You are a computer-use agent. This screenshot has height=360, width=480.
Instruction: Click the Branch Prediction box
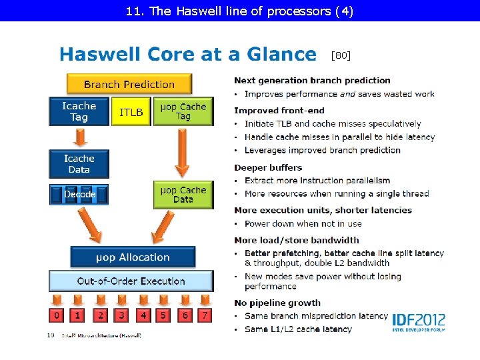[129, 84]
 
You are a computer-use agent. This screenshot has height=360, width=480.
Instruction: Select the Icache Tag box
[79, 111]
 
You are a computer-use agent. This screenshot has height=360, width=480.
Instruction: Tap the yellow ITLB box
[131, 112]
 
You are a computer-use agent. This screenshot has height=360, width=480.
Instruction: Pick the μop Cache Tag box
[183, 111]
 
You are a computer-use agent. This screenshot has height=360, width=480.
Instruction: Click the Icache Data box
[79, 164]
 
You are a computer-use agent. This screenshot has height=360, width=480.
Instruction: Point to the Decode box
[79, 195]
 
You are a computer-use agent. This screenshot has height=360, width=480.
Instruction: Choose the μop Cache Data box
[183, 195]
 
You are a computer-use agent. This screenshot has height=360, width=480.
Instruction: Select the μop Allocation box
[133, 257]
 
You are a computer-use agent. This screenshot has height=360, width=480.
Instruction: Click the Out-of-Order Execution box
[131, 281]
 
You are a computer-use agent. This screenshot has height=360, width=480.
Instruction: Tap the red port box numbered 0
[57, 314]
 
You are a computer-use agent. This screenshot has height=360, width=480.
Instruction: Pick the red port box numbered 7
[205, 314]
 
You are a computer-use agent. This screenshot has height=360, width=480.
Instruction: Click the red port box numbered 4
[142, 314]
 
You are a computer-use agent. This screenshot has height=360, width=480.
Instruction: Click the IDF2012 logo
[418, 323]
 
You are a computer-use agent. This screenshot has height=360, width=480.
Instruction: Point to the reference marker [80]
[341, 55]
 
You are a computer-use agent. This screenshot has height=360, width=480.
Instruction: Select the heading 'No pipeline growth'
[277, 303]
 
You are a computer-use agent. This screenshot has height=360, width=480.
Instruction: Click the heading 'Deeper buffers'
[268, 167]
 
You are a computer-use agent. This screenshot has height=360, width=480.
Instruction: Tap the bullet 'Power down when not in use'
[303, 224]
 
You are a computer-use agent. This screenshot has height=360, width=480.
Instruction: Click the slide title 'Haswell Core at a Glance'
[188, 54]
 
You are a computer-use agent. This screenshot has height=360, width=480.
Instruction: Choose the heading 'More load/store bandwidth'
[296, 240]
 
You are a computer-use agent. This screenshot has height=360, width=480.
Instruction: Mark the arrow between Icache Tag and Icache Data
[79, 137]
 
